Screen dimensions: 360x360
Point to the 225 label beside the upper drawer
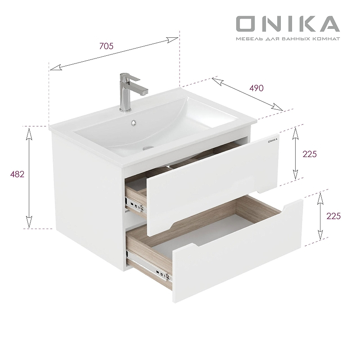[x=310, y=154]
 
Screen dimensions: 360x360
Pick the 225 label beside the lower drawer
[x=333, y=216]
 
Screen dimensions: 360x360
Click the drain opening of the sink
[x=148, y=147]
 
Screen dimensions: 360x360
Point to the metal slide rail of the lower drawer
[x=148, y=266]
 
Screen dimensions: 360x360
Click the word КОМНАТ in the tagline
[x=327, y=39]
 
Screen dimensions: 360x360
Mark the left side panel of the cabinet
[x=88, y=198]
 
